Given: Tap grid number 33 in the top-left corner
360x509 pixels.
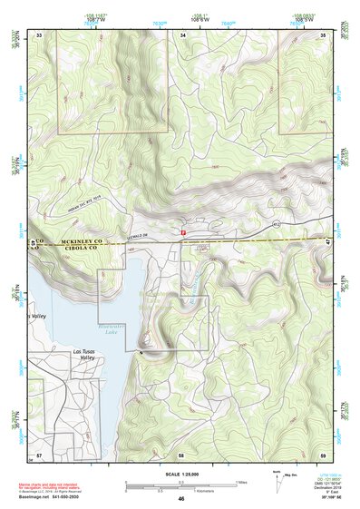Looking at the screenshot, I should coord(39,34).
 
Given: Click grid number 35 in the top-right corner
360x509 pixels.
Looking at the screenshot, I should coord(324,34).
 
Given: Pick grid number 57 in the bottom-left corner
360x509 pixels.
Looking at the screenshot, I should coord(39,452).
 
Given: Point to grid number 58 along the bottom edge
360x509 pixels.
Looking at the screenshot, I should coord(181,452).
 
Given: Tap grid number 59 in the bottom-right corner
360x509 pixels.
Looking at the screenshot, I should coord(324,452).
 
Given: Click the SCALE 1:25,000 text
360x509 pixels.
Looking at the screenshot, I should coord(181,472).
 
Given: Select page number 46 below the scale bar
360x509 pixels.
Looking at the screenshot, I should coord(181,498).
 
